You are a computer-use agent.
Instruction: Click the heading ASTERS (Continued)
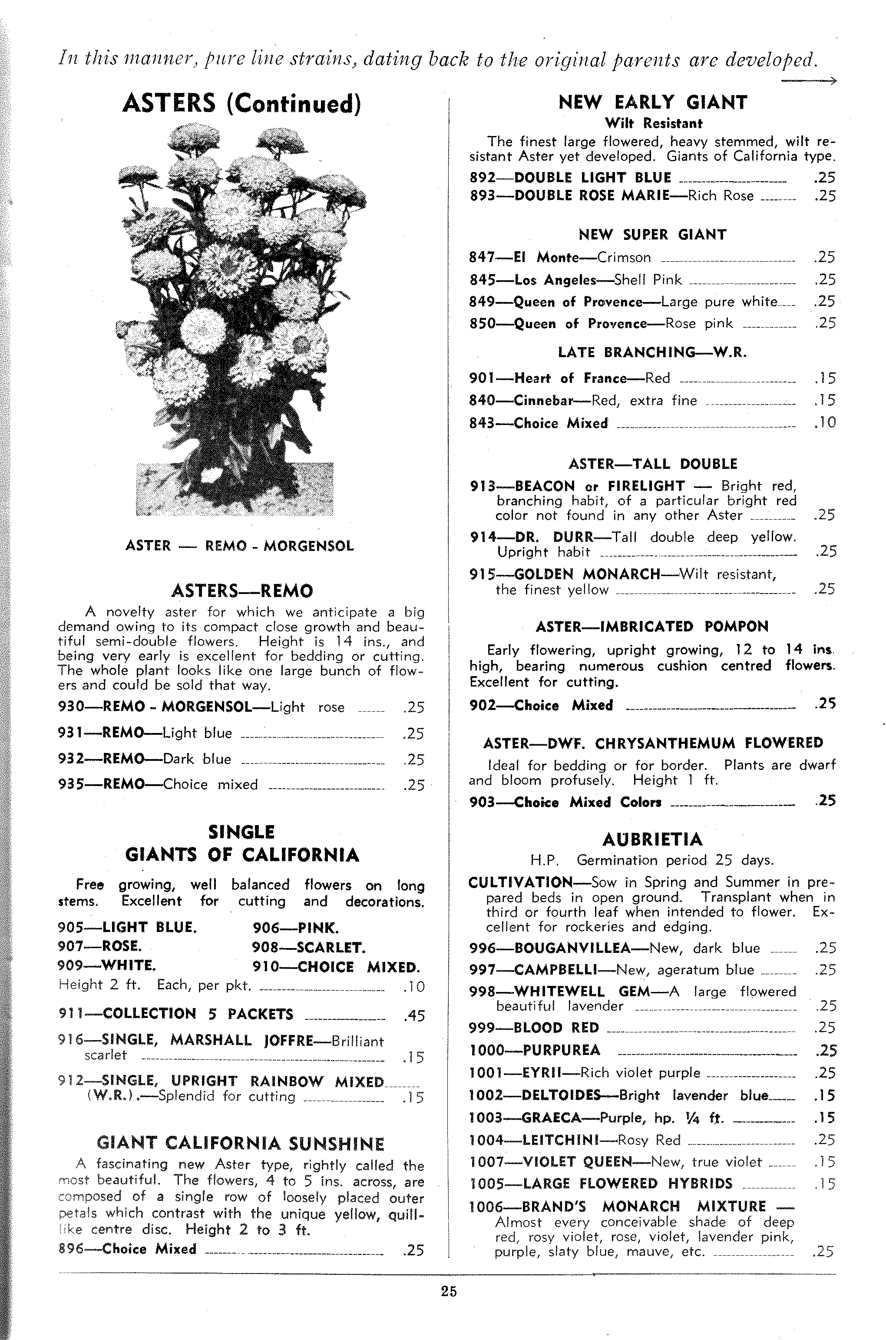(241, 103)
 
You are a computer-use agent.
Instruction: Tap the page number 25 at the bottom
(449, 1290)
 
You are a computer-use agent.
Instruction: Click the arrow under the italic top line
(808, 81)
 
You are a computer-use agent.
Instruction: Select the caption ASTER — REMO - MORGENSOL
(240, 546)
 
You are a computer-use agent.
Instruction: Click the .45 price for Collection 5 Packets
(414, 1015)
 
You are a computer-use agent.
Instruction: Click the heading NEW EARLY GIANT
(653, 102)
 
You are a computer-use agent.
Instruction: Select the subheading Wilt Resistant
(653, 123)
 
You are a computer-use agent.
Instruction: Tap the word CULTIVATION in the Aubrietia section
(520, 882)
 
